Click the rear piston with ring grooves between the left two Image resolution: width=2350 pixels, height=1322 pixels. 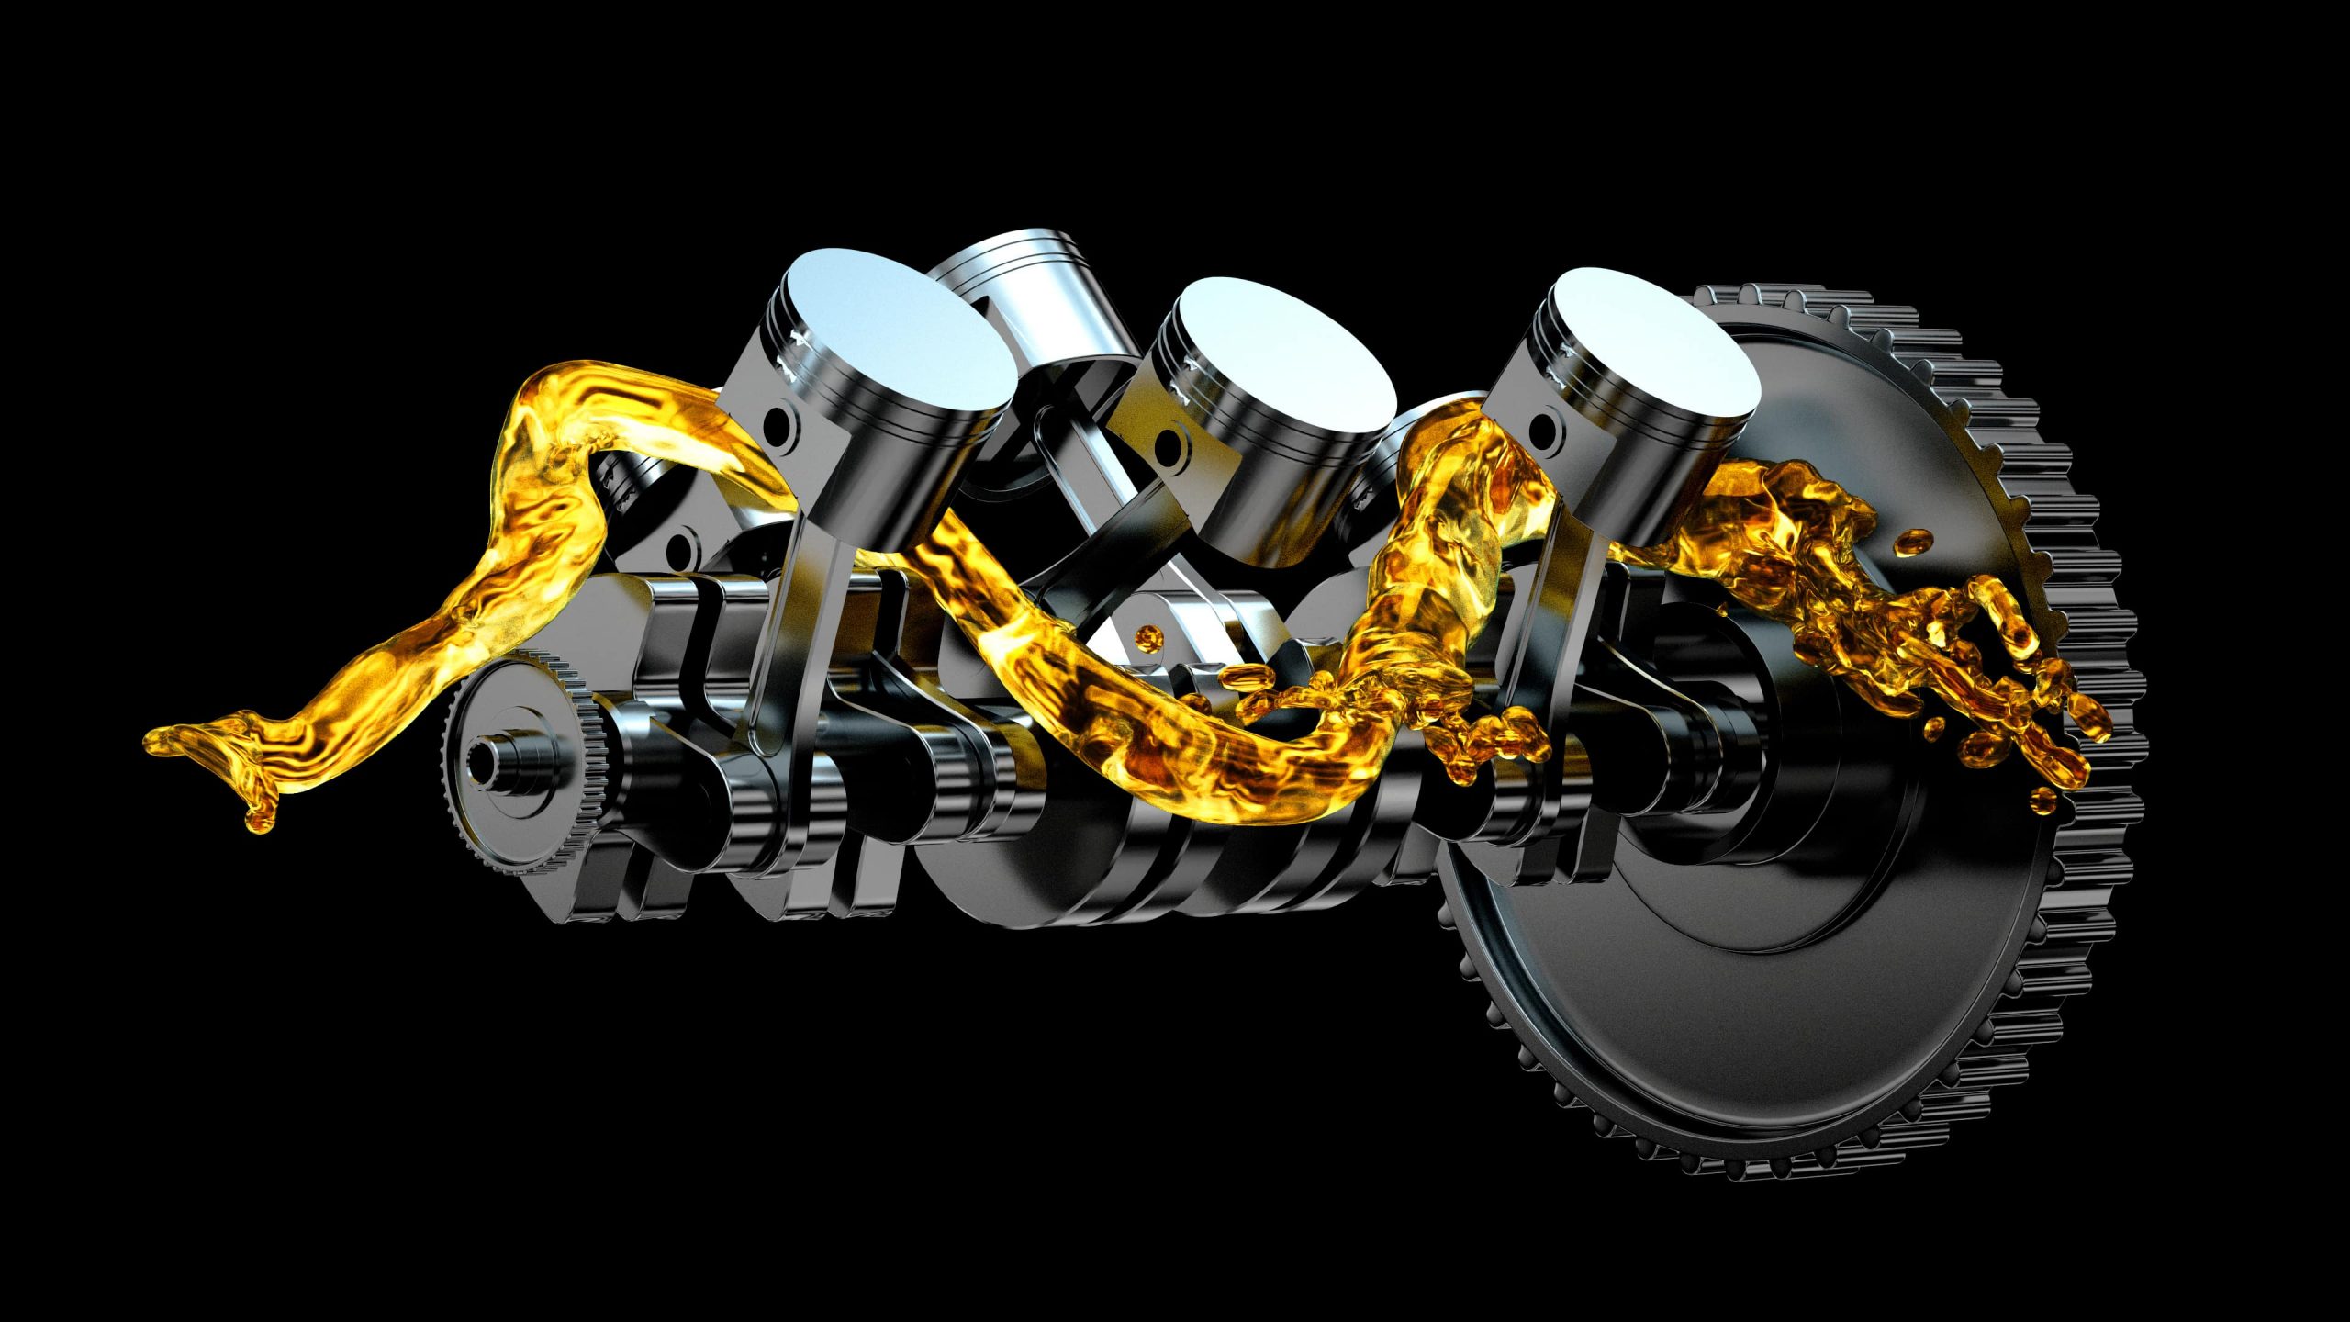coord(1028,275)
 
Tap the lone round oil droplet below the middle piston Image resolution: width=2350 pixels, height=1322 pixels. coord(1147,635)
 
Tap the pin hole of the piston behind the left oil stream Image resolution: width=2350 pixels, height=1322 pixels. coord(679,551)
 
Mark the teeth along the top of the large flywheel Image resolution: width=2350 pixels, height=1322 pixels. coord(1836,308)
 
